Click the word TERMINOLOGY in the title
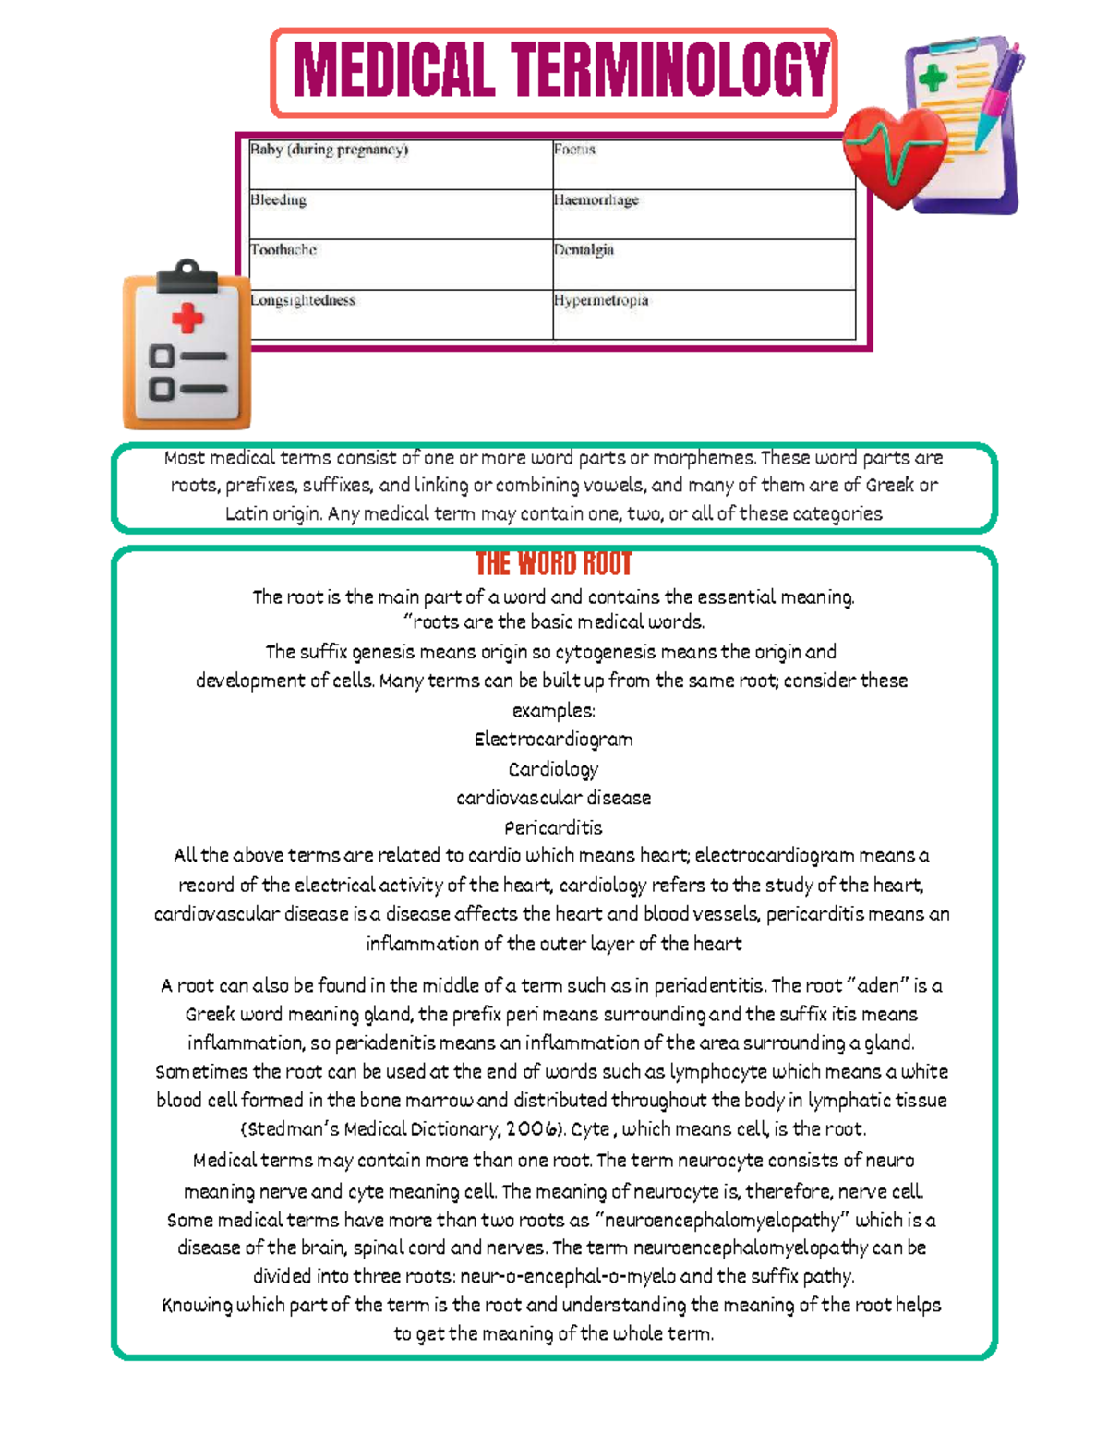click(x=671, y=71)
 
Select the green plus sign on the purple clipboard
click(x=933, y=78)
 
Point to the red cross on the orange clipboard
click(x=187, y=319)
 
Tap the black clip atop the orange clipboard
click(x=187, y=276)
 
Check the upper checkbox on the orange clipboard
click(x=162, y=356)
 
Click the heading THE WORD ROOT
click(x=553, y=564)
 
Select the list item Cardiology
click(x=553, y=769)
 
